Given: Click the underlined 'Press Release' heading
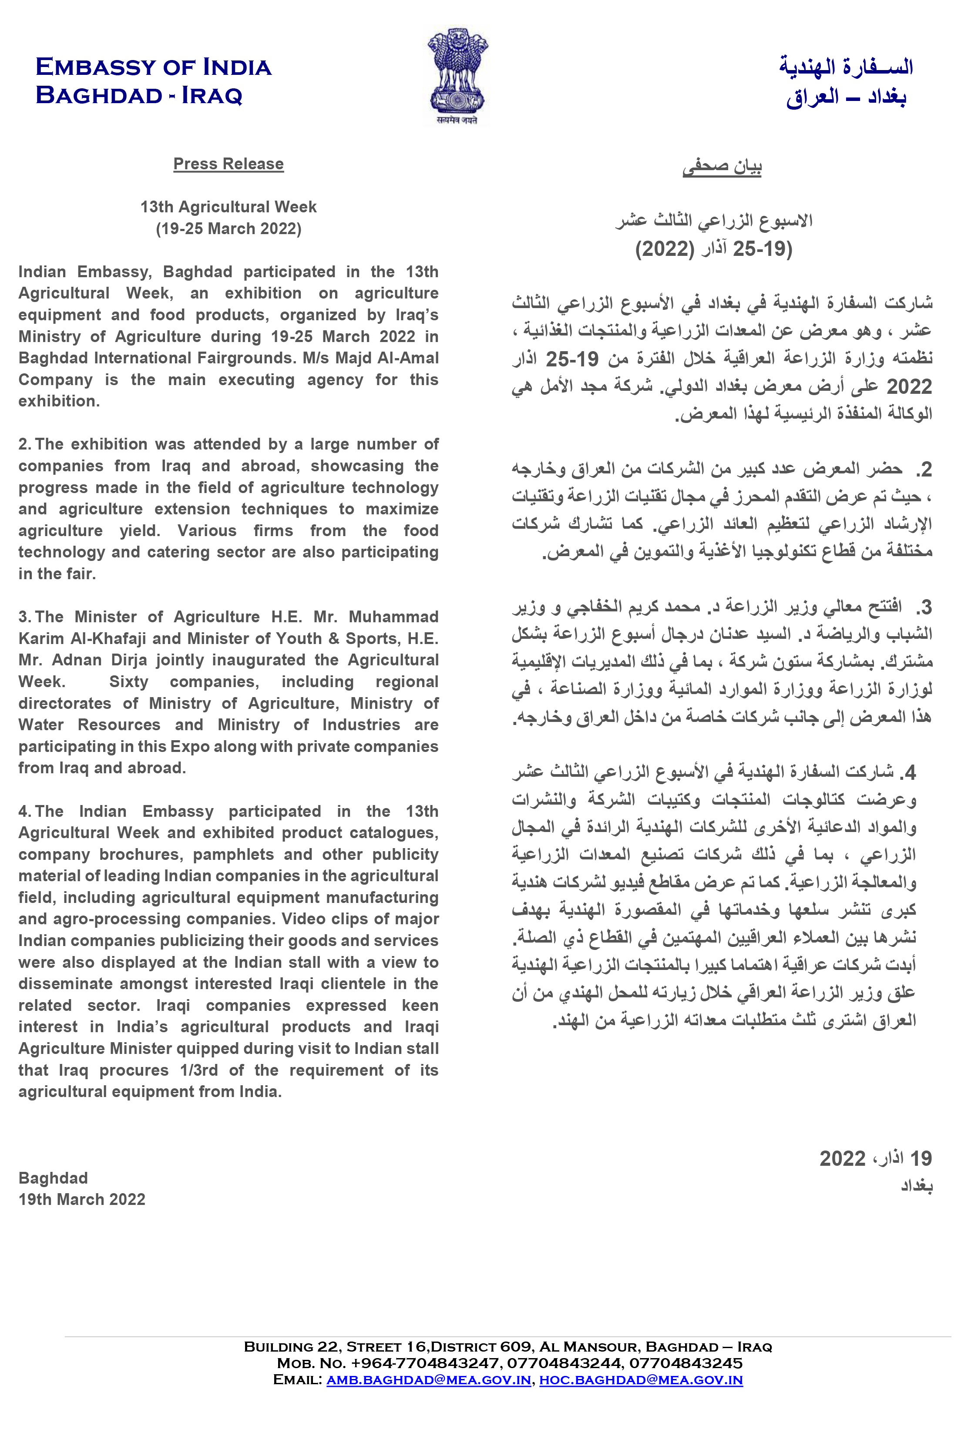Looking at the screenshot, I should pos(228,164).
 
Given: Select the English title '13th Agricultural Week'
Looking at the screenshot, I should pos(228,207).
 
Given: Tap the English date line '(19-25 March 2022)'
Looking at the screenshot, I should pos(228,228).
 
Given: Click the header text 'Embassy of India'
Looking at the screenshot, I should pos(153,67).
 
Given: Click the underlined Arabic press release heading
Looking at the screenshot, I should pos(722,167).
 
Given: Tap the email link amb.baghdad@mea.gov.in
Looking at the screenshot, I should pos(428,1380).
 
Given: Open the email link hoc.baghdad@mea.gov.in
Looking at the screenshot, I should pos(640,1380).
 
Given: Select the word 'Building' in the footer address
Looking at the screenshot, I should pos(278,1347).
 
